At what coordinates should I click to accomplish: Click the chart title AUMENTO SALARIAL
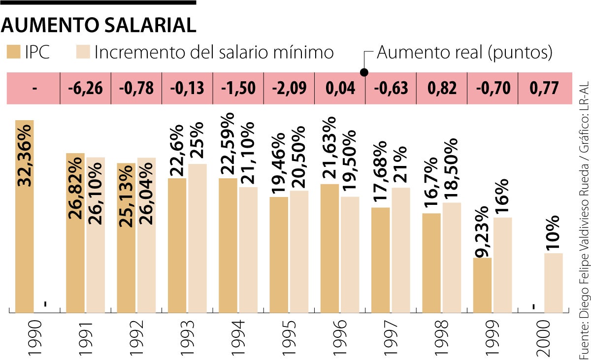(98, 26)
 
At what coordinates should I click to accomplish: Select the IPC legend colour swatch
(13, 52)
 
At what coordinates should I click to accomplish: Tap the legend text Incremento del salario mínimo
(214, 52)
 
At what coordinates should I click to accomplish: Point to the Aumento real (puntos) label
(464, 52)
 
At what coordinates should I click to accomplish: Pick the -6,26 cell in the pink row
(85, 89)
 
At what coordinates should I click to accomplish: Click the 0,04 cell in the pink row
(340, 89)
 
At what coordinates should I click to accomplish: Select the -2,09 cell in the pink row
(289, 89)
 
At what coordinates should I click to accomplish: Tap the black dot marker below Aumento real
(364, 72)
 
